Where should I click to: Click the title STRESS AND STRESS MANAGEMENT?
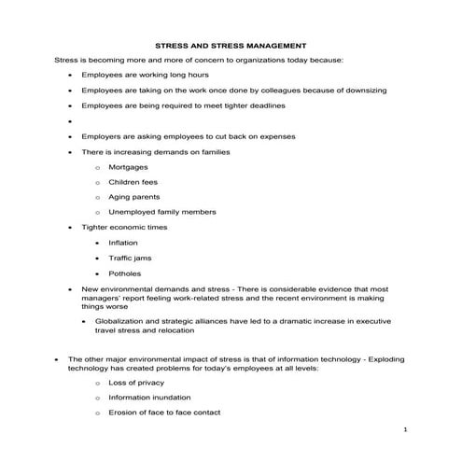(230, 44)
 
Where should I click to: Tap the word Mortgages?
(128, 166)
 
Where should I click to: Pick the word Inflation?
(123, 242)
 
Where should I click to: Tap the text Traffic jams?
(130, 258)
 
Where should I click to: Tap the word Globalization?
(119, 319)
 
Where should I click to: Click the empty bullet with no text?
(70, 121)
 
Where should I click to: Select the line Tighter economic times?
(124, 227)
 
